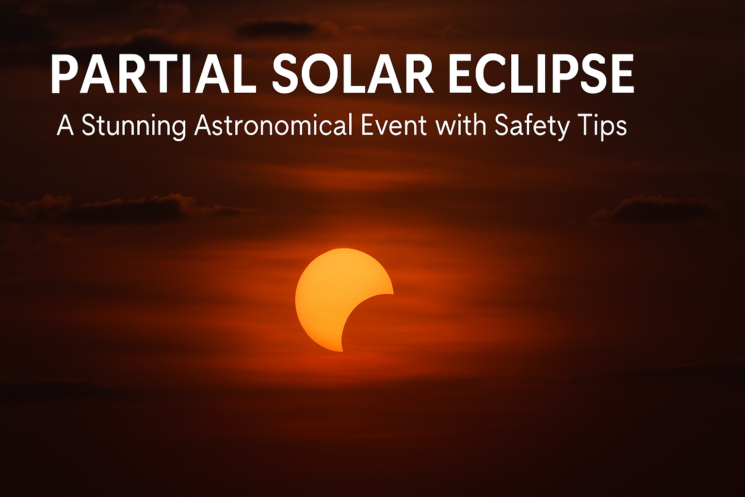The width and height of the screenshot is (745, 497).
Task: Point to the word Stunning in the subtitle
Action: pos(134,126)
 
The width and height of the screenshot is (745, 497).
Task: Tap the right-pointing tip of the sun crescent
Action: pos(392,294)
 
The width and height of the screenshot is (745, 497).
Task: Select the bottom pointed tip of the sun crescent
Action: pos(342,350)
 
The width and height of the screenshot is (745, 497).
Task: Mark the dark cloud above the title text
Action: pos(276,29)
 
